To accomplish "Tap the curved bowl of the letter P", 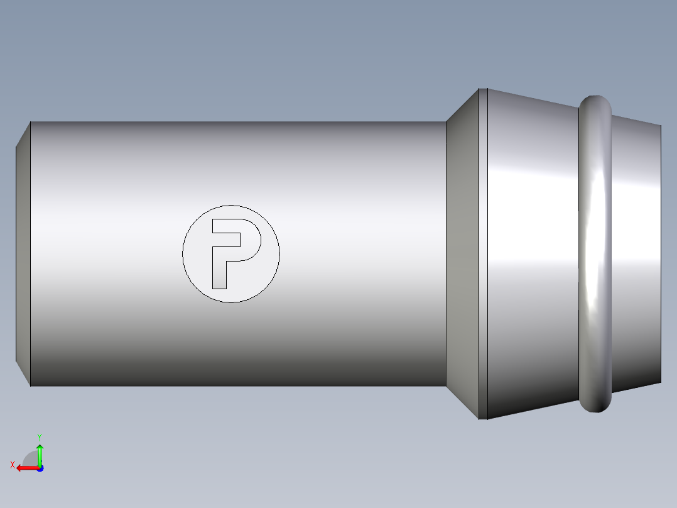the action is (x=255, y=240).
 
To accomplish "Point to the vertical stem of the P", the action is (x=219, y=268).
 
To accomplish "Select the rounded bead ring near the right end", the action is (x=595, y=254).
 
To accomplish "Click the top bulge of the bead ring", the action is (x=595, y=102).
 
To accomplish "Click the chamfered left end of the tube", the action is (x=23, y=254).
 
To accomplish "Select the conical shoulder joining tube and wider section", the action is (x=462, y=254).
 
